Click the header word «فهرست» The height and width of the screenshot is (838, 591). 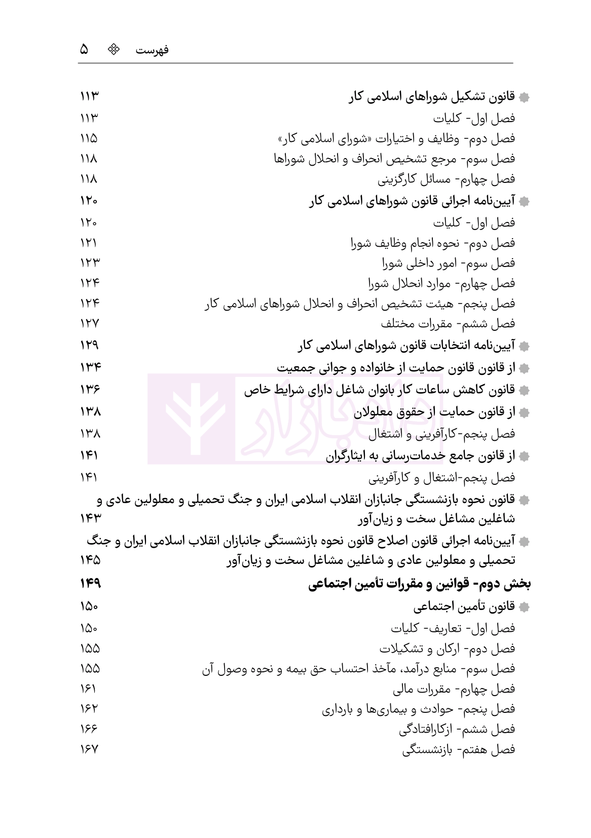pyautogui.click(x=153, y=50)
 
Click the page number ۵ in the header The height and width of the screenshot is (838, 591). pyautogui.click(x=85, y=49)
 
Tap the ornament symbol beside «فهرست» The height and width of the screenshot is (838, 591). pyautogui.click(x=116, y=49)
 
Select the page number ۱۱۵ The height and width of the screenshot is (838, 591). pyautogui.click(x=89, y=139)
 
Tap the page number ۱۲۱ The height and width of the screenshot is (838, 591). pyautogui.click(x=89, y=243)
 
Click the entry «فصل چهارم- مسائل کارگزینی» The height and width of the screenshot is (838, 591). pyautogui.click(x=447, y=179)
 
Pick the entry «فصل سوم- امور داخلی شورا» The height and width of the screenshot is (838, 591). pyautogui.click(x=448, y=263)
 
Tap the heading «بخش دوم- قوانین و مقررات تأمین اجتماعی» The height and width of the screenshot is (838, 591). pyautogui.click(x=420, y=584)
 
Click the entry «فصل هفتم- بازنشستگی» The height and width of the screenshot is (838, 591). pyautogui.click(x=458, y=749)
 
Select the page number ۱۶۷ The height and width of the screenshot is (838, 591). pyautogui.click(x=89, y=749)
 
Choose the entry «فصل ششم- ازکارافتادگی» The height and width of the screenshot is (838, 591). pyautogui.click(x=457, y=729)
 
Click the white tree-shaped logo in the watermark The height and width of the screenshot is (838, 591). pyautogui.click(x=191, y=418)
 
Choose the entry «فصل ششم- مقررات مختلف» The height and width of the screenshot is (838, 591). pyautogui.click(x=448, y=323)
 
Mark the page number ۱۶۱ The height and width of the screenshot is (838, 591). pyautogui.click(x=88, y=689)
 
